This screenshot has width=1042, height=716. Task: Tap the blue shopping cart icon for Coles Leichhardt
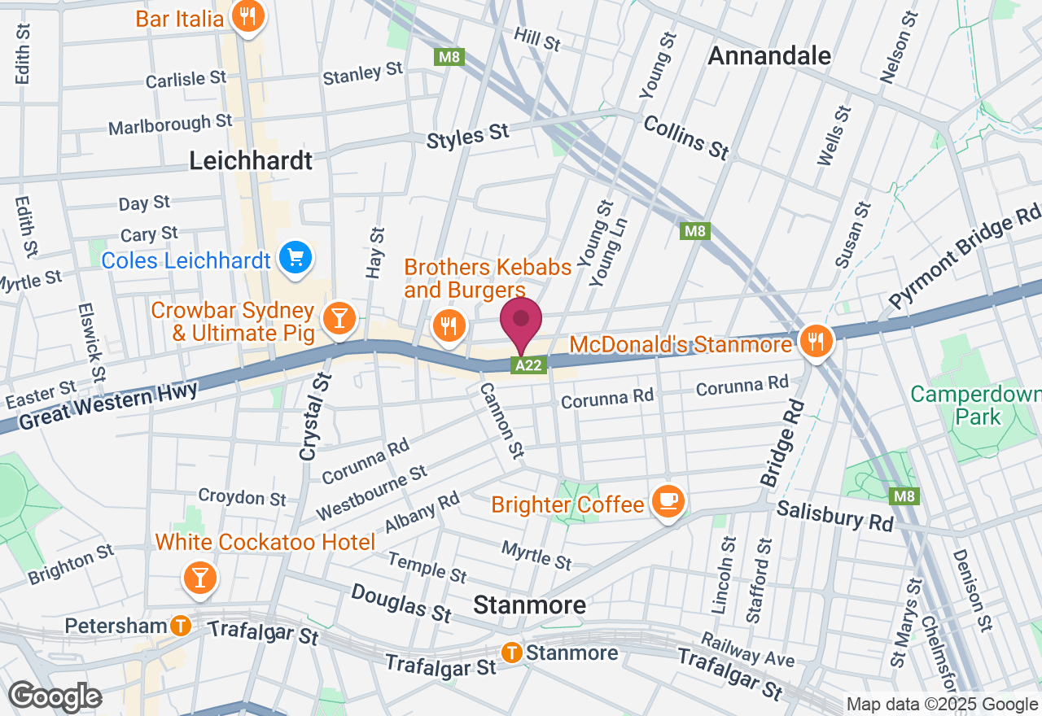coord(295,260)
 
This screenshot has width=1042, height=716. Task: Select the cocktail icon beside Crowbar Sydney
coord(337,319)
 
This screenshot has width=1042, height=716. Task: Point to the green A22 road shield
coord(528,365)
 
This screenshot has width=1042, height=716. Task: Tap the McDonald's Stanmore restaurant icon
coord(815,342)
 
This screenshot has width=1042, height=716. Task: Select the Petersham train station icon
coord(180,626)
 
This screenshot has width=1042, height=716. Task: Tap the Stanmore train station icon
coord(512,652)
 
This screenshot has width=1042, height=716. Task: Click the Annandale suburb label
coord(769,55)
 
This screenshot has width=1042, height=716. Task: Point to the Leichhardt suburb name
coord(251,160)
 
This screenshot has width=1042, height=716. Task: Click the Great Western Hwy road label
coord(107,406)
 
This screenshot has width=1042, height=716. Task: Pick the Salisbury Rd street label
coord(834,515)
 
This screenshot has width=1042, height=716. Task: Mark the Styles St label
coord(468,136)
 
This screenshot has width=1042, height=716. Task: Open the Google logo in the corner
coord(55,696)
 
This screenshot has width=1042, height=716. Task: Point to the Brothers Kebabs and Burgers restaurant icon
coord(448,326)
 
